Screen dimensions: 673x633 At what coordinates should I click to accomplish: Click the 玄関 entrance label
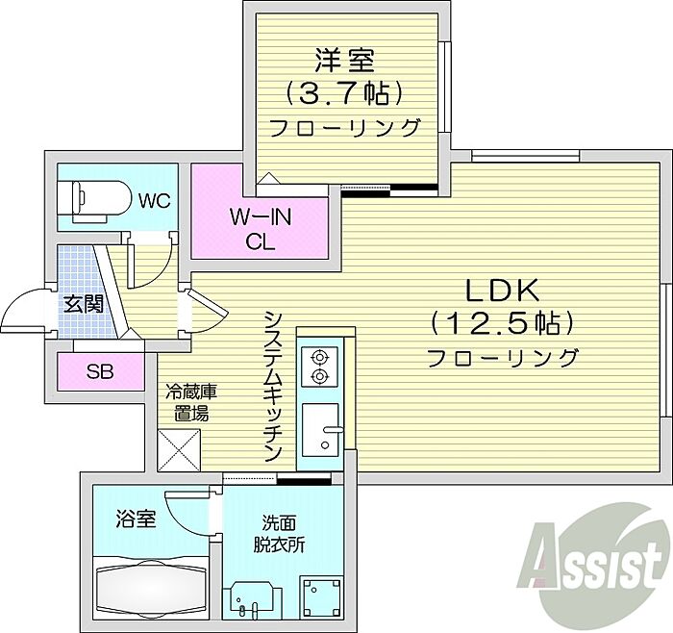(x=84, y=304)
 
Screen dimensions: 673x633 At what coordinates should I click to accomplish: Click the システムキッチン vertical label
(x=273, y=386)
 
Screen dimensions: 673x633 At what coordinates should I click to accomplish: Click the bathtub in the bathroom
(x=151, y=584)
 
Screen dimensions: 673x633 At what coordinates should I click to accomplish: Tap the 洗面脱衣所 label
(x=279, y=534)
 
